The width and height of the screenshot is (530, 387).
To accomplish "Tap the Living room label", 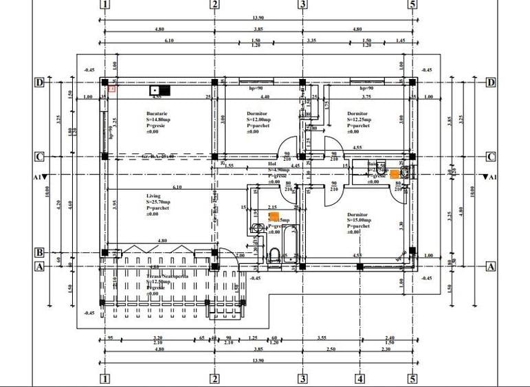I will pyautogui.click(x=153, y=196).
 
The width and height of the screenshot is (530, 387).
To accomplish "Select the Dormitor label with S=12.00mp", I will pyautogui.click(x=257, y=113).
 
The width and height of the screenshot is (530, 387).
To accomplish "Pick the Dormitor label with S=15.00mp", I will pyautogui.click(x=358, y=214).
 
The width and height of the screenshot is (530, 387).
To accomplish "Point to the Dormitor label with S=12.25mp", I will pyautogui.click(x=357, y=113).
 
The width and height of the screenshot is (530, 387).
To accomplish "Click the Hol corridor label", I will pyautogui.click(x=272, y=165).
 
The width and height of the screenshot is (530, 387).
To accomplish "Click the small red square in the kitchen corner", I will pyautogui.click(x=112, y=88).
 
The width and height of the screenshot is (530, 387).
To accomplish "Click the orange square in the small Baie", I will pyautogui.click(x=395, y=175).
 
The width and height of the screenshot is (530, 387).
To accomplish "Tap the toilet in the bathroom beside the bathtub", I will pyautogui.click(x=273, y=256).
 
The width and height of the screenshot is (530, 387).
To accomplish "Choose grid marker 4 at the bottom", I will pyautogui.click(x=360, y=378).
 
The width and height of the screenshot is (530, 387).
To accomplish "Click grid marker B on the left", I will pyautogui.click(x=40, y=252).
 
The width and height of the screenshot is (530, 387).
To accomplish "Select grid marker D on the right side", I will pyautogui.click(x=491, y=82).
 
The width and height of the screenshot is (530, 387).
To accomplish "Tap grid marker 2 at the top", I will pyautogui.click(x=214, y=5).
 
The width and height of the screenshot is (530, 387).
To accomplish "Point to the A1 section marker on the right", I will pyautogui.click(x=489, y=177).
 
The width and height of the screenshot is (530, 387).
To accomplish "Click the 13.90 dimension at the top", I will pyautogui.click(x=258, y=18).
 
